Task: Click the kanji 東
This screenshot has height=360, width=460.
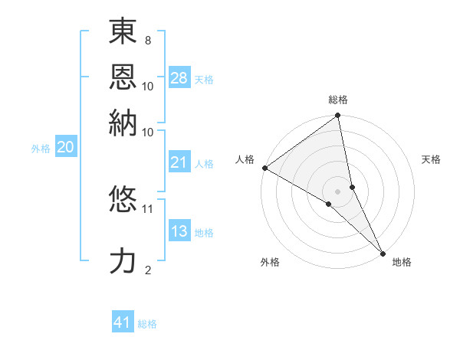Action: click(x=123, y=34)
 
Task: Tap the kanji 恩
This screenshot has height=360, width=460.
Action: click(x=123, y=77)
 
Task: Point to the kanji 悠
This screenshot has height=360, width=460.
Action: click(x=123, y=200)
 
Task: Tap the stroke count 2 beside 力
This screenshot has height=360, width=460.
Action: click(x=148, y=270)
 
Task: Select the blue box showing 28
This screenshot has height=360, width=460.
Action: click(x=179, y=77)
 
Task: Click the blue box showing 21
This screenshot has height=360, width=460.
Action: click(x=179, y=162)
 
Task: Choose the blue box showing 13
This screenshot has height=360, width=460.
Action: click(x=179, y=231)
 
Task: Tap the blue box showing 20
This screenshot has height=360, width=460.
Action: click(x=65, y=148)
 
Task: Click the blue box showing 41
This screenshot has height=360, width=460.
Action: click(x=123, y=322)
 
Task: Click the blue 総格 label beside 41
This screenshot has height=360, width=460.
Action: click(x=147, y=324)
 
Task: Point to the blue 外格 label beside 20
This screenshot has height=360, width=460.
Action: click(x=41, y=149)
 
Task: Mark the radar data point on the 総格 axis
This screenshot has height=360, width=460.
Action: click(x=338, y=116)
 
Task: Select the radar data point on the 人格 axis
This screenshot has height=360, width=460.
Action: click(x=264, y=168)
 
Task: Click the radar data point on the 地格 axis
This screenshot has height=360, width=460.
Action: click(x=382, y=252)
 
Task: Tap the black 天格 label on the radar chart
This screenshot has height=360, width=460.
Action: click(x=431, y=159)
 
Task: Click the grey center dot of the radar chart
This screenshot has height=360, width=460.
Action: click(x=338, y=191)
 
